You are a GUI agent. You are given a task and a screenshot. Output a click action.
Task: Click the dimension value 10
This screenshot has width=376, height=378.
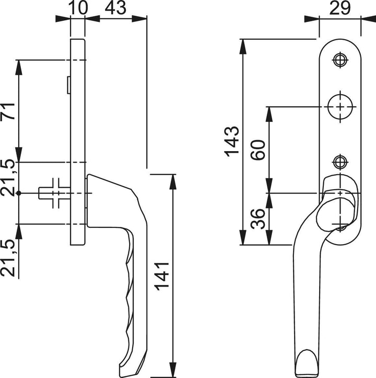tap(77, 8)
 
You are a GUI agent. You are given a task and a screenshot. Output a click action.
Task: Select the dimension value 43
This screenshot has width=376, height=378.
tap(115, 8)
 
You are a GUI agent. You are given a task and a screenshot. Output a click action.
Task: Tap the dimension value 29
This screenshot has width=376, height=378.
tap(340, 8)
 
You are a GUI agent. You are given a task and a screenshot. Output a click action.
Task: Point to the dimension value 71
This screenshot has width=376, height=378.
tap(8, 111)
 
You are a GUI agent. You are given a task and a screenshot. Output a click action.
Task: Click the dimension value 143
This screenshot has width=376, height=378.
tap(232, 141)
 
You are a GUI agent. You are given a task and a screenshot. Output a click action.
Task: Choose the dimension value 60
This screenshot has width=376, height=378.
tap(258, 150)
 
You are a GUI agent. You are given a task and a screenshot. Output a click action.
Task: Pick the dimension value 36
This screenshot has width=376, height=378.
tap(258, 219)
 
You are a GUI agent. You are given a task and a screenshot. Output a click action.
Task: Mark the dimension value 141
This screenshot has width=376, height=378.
tap(162, 276)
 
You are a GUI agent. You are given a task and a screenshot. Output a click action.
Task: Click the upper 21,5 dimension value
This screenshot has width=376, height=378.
tap(8, 177)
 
